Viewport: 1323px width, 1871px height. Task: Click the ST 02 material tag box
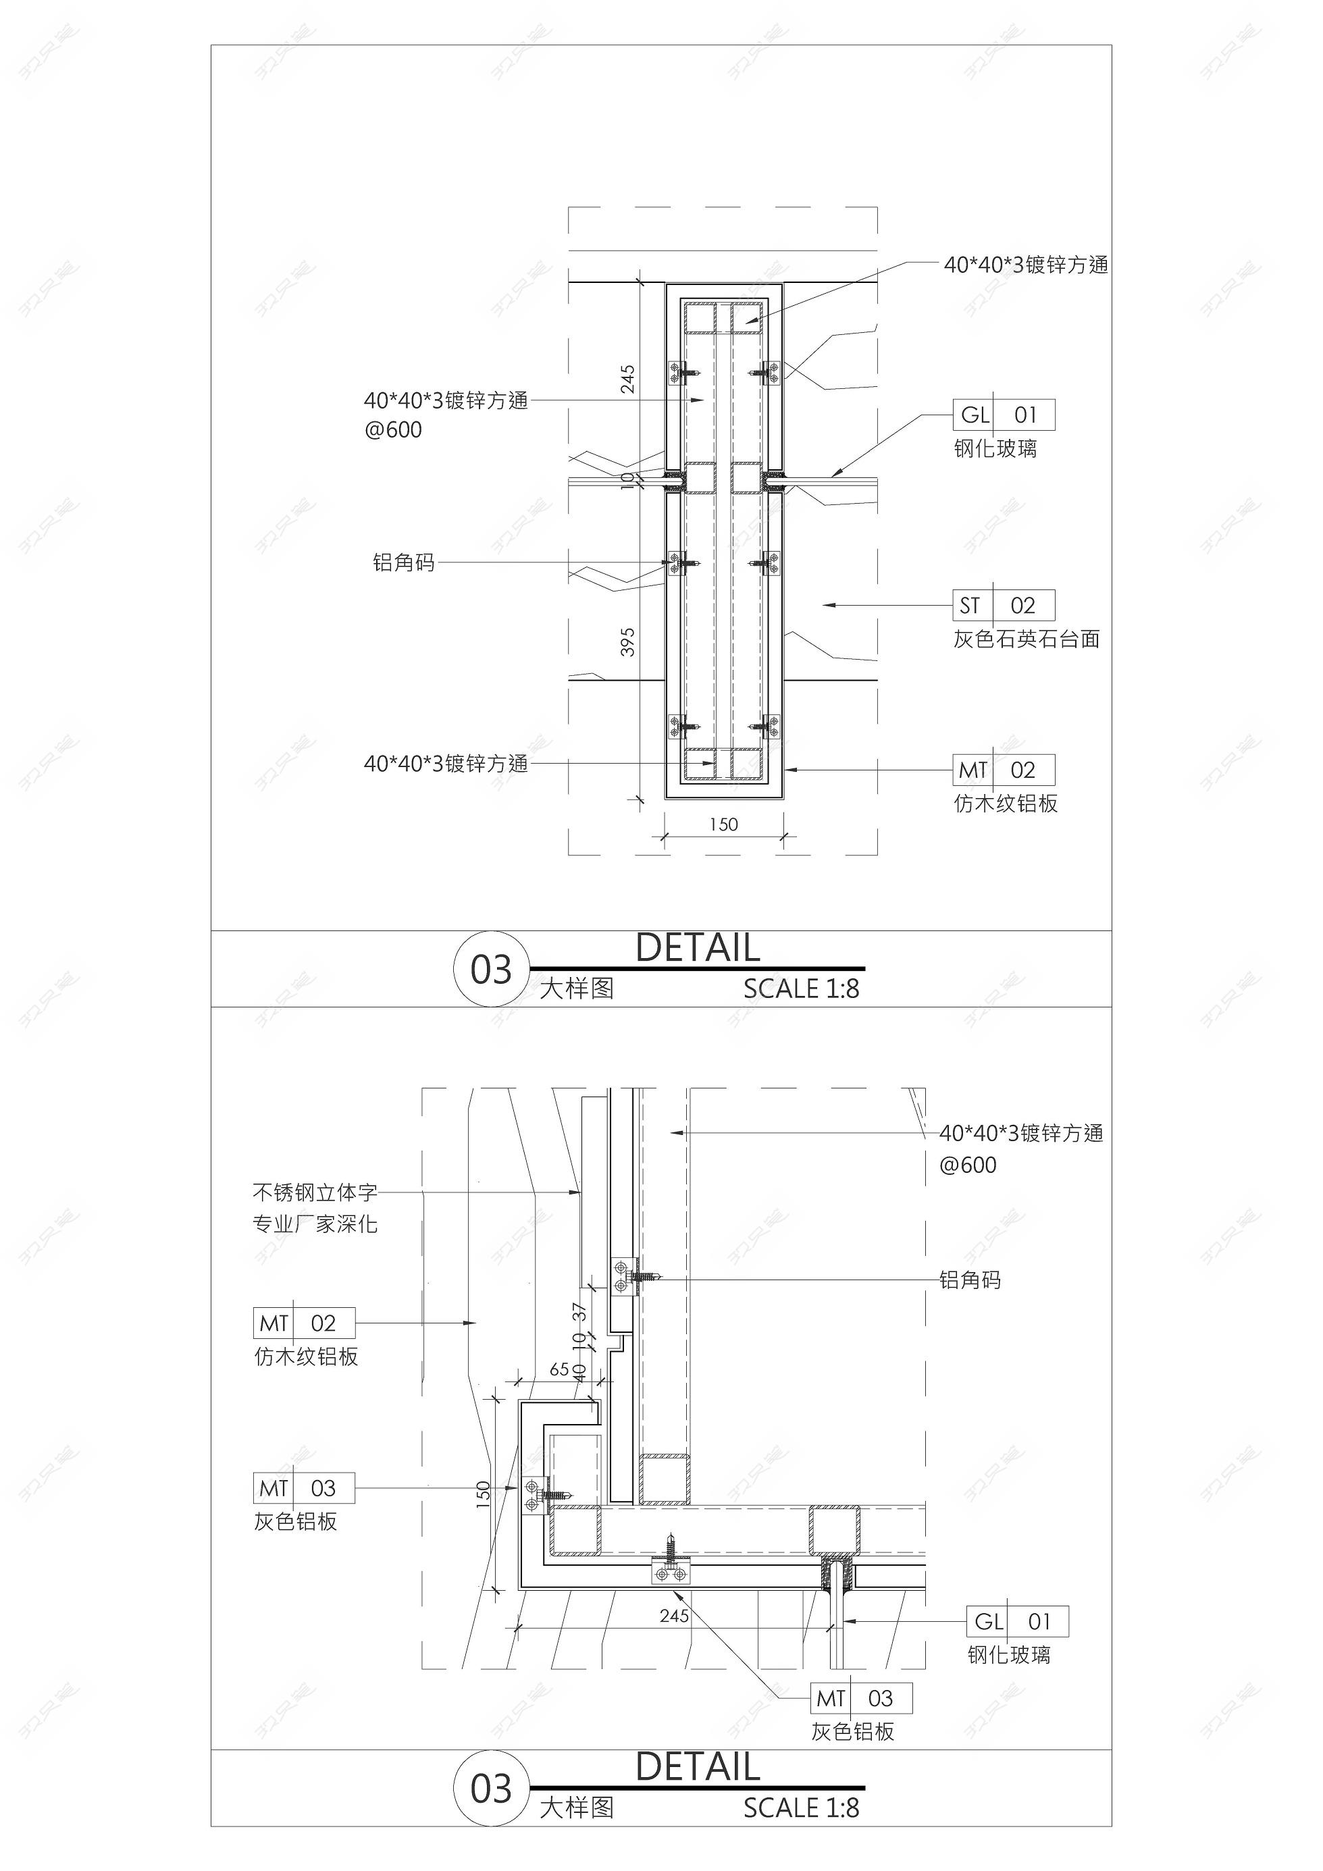1004,606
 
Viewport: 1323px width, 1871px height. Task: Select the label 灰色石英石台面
1027,639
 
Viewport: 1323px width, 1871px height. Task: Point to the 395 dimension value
627,642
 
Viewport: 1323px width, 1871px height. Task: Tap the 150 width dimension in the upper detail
723,824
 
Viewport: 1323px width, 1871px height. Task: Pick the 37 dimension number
579,1312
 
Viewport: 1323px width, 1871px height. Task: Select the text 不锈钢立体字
315,1193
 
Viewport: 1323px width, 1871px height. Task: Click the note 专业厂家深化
315,1224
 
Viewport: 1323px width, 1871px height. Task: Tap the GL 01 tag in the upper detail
1004,415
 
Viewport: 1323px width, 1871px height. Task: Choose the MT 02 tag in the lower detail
304,1323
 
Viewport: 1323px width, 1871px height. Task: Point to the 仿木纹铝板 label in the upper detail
1006,803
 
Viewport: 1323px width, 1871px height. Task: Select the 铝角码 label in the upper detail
403,562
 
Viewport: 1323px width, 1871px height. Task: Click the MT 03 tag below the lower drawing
862,1698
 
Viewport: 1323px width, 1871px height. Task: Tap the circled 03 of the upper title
491,969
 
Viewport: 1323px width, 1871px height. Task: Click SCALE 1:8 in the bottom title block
802,1808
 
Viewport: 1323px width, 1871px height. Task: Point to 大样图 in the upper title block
576,989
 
